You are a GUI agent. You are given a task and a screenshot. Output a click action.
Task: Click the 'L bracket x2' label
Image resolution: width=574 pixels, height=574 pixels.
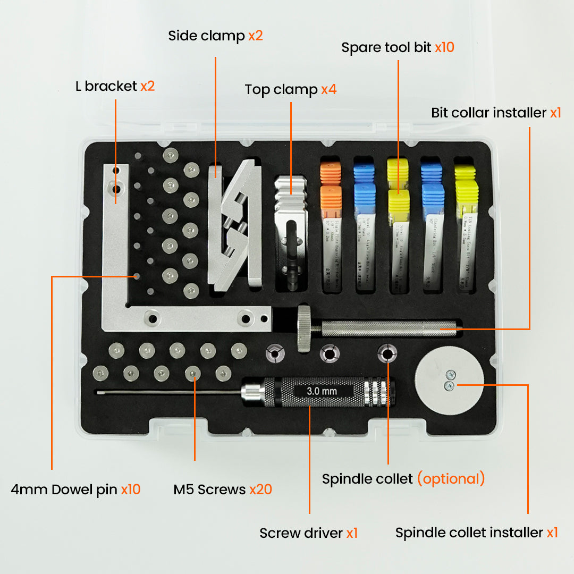(115, 86)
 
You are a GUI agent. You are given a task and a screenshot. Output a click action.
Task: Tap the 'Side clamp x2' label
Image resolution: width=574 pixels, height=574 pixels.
(215, 36)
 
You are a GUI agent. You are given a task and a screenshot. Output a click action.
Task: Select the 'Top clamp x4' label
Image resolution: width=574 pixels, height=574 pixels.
(290, 89)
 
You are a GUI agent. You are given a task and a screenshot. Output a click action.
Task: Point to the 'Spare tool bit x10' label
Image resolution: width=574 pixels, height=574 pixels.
(398, 47)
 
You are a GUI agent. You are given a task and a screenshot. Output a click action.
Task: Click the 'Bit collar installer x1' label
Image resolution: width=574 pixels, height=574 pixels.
(496, 113)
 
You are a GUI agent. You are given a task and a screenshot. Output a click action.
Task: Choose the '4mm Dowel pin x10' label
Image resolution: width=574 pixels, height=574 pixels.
(75, 489)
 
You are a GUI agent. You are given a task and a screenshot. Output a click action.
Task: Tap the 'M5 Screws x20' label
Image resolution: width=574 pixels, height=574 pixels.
(223, 489)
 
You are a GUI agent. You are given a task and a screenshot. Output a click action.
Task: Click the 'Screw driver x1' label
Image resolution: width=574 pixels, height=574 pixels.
(308, 533)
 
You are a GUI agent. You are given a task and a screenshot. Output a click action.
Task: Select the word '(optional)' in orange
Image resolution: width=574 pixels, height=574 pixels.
(451, 478)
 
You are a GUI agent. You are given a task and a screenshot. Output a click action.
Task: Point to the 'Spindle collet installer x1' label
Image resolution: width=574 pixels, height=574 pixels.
(476, 533)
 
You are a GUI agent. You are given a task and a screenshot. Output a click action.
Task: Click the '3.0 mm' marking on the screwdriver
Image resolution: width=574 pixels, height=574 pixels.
(322, 392)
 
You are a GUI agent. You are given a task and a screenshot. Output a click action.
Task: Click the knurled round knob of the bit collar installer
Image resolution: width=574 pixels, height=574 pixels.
(304, 328)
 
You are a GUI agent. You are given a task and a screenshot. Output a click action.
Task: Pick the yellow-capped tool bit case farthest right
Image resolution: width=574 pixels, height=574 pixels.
(466, 229)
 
